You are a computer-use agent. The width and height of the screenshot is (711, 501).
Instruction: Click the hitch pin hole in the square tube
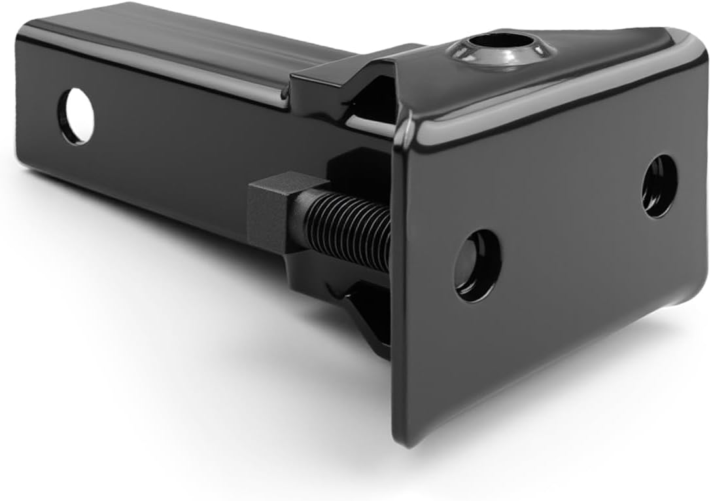click(76, 117)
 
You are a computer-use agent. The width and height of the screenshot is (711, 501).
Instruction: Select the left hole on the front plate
click(477, 265)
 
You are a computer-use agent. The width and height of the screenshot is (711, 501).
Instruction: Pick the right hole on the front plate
click(659, 186)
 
